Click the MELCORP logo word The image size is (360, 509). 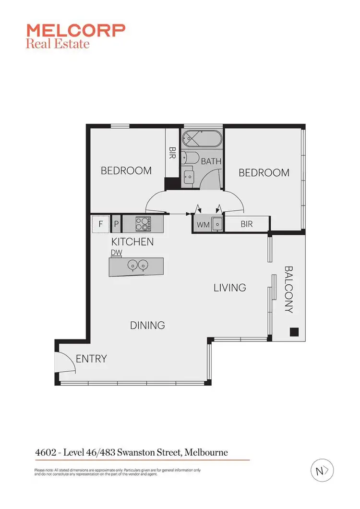point(76,31)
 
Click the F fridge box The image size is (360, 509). point(101,224)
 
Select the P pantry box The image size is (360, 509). point(116,224)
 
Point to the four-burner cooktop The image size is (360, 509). point(143,224)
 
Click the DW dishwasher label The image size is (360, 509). point(116,252)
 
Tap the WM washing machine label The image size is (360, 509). point(202,224)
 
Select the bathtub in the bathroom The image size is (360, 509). point(201,139)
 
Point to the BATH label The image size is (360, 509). point(211,161)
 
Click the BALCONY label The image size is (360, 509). point(288,290)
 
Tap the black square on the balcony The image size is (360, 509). point(294,331)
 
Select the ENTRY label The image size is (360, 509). point(91,359)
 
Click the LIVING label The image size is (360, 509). point(230,288)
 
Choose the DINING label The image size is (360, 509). point(147,325)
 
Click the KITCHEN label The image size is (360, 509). point(132,242)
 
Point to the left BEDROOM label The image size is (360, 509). point(126,170)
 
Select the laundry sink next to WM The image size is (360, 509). point(217,224)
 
